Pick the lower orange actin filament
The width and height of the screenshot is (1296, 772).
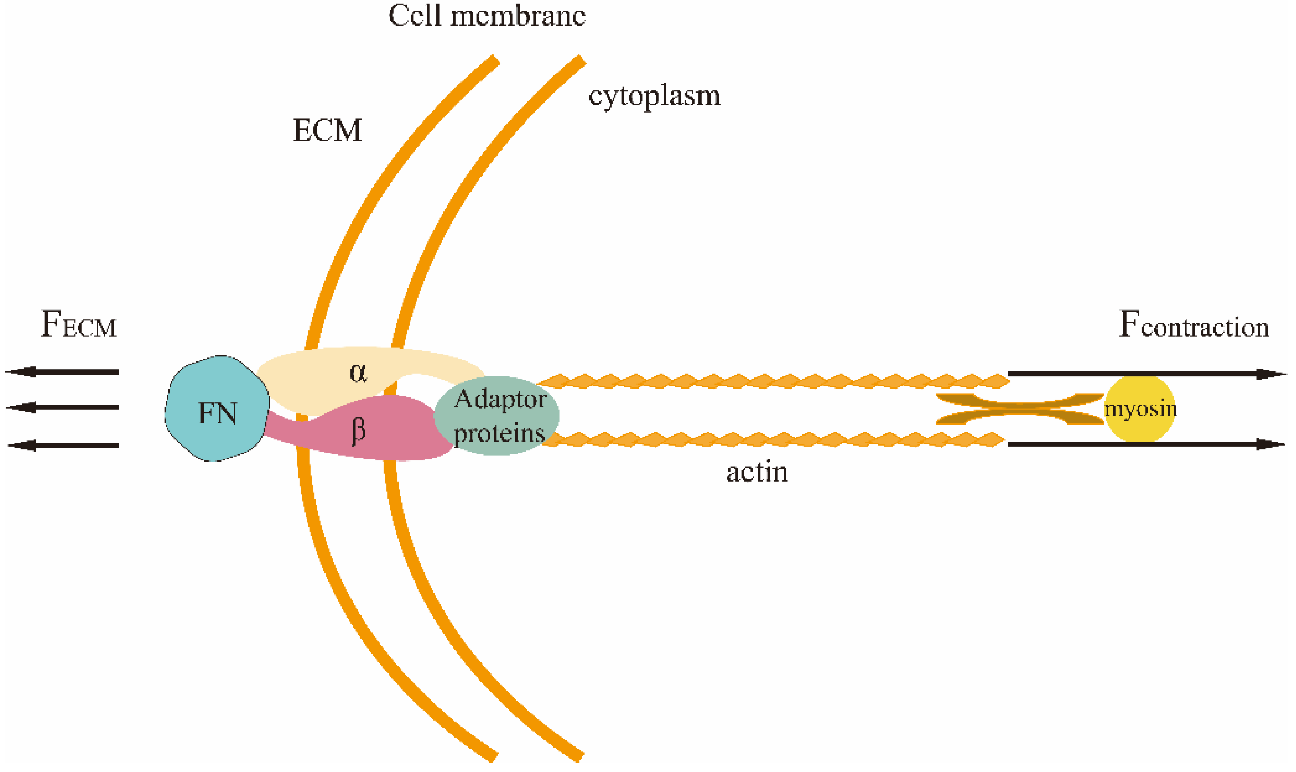[x=770, y=440]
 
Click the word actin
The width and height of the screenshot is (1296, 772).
[x=757, y=472]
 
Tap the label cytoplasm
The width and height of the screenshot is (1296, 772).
[x=654, y=96]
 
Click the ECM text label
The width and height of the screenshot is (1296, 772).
[x=327, y=130]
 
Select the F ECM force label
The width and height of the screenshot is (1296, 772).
[x=78, y=325]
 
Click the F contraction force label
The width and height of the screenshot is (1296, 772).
[x=1194, y=325]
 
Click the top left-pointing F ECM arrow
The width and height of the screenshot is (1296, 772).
[x=62, y=371]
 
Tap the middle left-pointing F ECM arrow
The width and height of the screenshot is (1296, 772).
[x=62, y=407]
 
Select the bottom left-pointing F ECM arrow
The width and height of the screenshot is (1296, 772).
[x=62, y=445]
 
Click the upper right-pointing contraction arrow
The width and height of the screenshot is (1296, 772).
[x=1145, y=373]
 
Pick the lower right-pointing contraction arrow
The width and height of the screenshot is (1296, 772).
[x=1145, y=444]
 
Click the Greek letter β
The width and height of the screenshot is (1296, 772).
[x=358, y=431]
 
